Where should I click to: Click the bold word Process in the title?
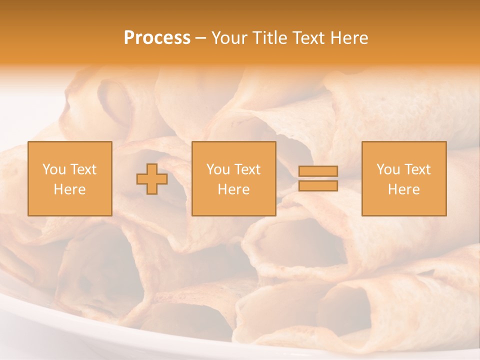157,38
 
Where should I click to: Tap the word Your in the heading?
230,38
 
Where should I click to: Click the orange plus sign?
152,179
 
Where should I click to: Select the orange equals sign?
318,178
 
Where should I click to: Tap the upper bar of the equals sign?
318,171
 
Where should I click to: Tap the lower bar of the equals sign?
318,186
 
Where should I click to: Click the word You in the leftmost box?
53,169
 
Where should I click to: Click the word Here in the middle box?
233,189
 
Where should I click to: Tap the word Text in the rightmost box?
418,169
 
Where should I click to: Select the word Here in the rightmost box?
403,189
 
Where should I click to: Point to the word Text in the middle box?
248,169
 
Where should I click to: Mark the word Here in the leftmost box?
69,189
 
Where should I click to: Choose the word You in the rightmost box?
388,169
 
